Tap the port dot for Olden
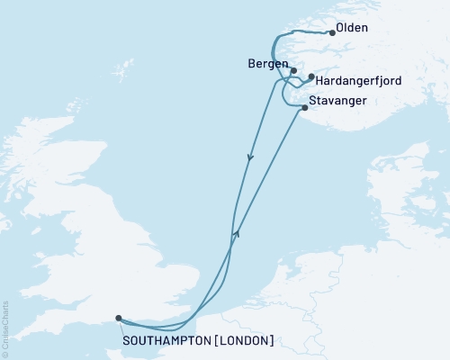click(333, 33)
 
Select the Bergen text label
click(266, 65)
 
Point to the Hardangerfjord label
click(360, 81)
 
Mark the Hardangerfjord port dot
click(310, 77)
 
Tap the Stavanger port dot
click(304, 108)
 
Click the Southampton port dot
click(119, 317)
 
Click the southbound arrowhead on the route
click(250, 157)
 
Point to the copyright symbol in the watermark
click(5, 352)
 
